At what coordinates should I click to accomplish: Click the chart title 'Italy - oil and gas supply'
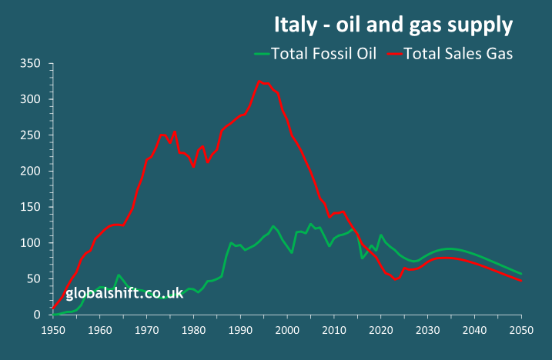click(393, 25)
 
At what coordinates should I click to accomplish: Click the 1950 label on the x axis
click(53, 329)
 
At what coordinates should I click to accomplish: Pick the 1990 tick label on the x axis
click(240, 329)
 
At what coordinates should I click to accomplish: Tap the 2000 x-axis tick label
click(287, 329)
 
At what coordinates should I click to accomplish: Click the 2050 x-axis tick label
click(521, 329)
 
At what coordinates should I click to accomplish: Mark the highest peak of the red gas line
click(259, 81)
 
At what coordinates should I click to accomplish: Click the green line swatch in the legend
click(263, 54)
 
